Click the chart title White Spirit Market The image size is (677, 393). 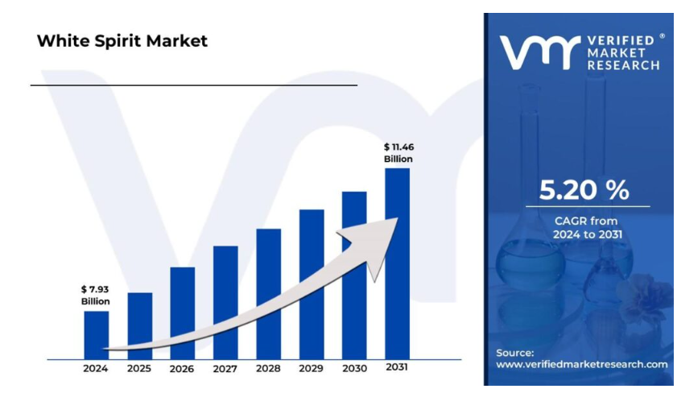click(x=122, y=41)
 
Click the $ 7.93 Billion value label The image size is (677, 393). click(x=95, y=295)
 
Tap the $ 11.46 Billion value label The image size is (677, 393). click(x=398, y=152)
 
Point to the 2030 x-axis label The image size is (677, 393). click(x=353, y=369)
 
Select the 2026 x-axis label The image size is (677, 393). click(x=182, y=369)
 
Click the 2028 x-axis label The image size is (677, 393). click(x=268, y=369)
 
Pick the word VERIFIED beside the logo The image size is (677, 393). click(x=624, y=40)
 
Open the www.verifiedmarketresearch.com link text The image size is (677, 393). click(x=581, y=364)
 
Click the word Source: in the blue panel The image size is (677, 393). click(x=514, y=353)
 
